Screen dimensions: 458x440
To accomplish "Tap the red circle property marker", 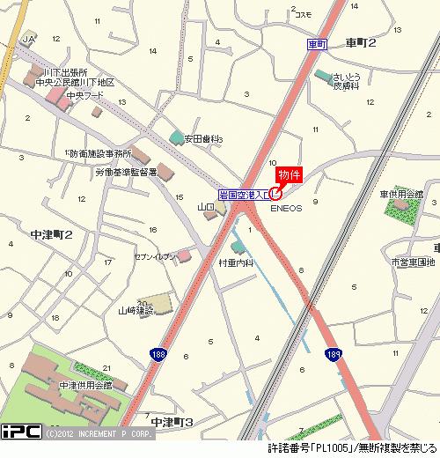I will click(x=276, y=193).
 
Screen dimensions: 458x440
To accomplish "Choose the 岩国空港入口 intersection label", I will click(x=244, y=194).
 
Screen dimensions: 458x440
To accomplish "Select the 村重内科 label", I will click(x=235, y=262).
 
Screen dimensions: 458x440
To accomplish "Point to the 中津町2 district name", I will click(x=50, y=234).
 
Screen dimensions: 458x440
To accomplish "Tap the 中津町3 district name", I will click(x=172, y=423).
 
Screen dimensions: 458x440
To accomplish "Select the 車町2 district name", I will click(x=361, y=42).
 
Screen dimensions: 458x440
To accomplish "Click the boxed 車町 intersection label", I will click(x=318, y=42).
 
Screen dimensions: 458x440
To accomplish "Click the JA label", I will click(x=30, y=41).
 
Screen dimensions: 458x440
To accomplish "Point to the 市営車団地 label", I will click(x=413, y=262).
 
